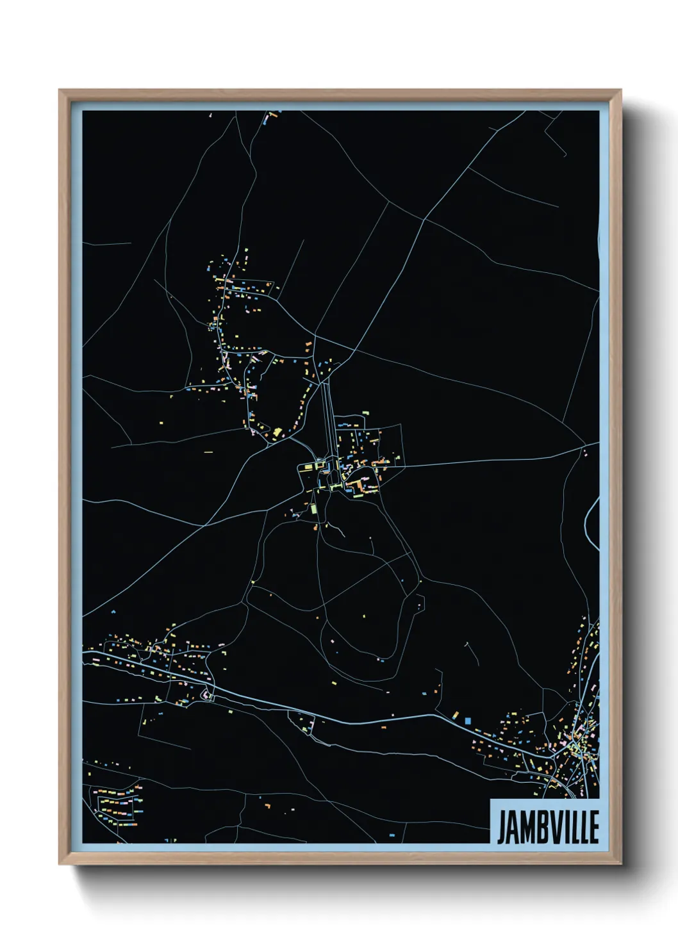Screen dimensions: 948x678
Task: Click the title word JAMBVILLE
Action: point(548,826)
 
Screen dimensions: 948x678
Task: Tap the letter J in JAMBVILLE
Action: point(501,827)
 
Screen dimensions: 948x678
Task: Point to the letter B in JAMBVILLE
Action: point(542,827)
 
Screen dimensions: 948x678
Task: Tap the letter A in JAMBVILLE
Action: point(513,827)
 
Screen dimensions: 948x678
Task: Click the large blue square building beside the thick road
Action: point(467,721)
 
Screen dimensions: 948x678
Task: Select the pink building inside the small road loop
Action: point(206,694)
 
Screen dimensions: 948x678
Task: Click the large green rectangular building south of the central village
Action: point(314,509)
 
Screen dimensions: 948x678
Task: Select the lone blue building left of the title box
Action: point(392,834)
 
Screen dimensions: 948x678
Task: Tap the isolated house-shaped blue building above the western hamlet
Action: point(113,612)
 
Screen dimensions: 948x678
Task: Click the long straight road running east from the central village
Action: point(487,460)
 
